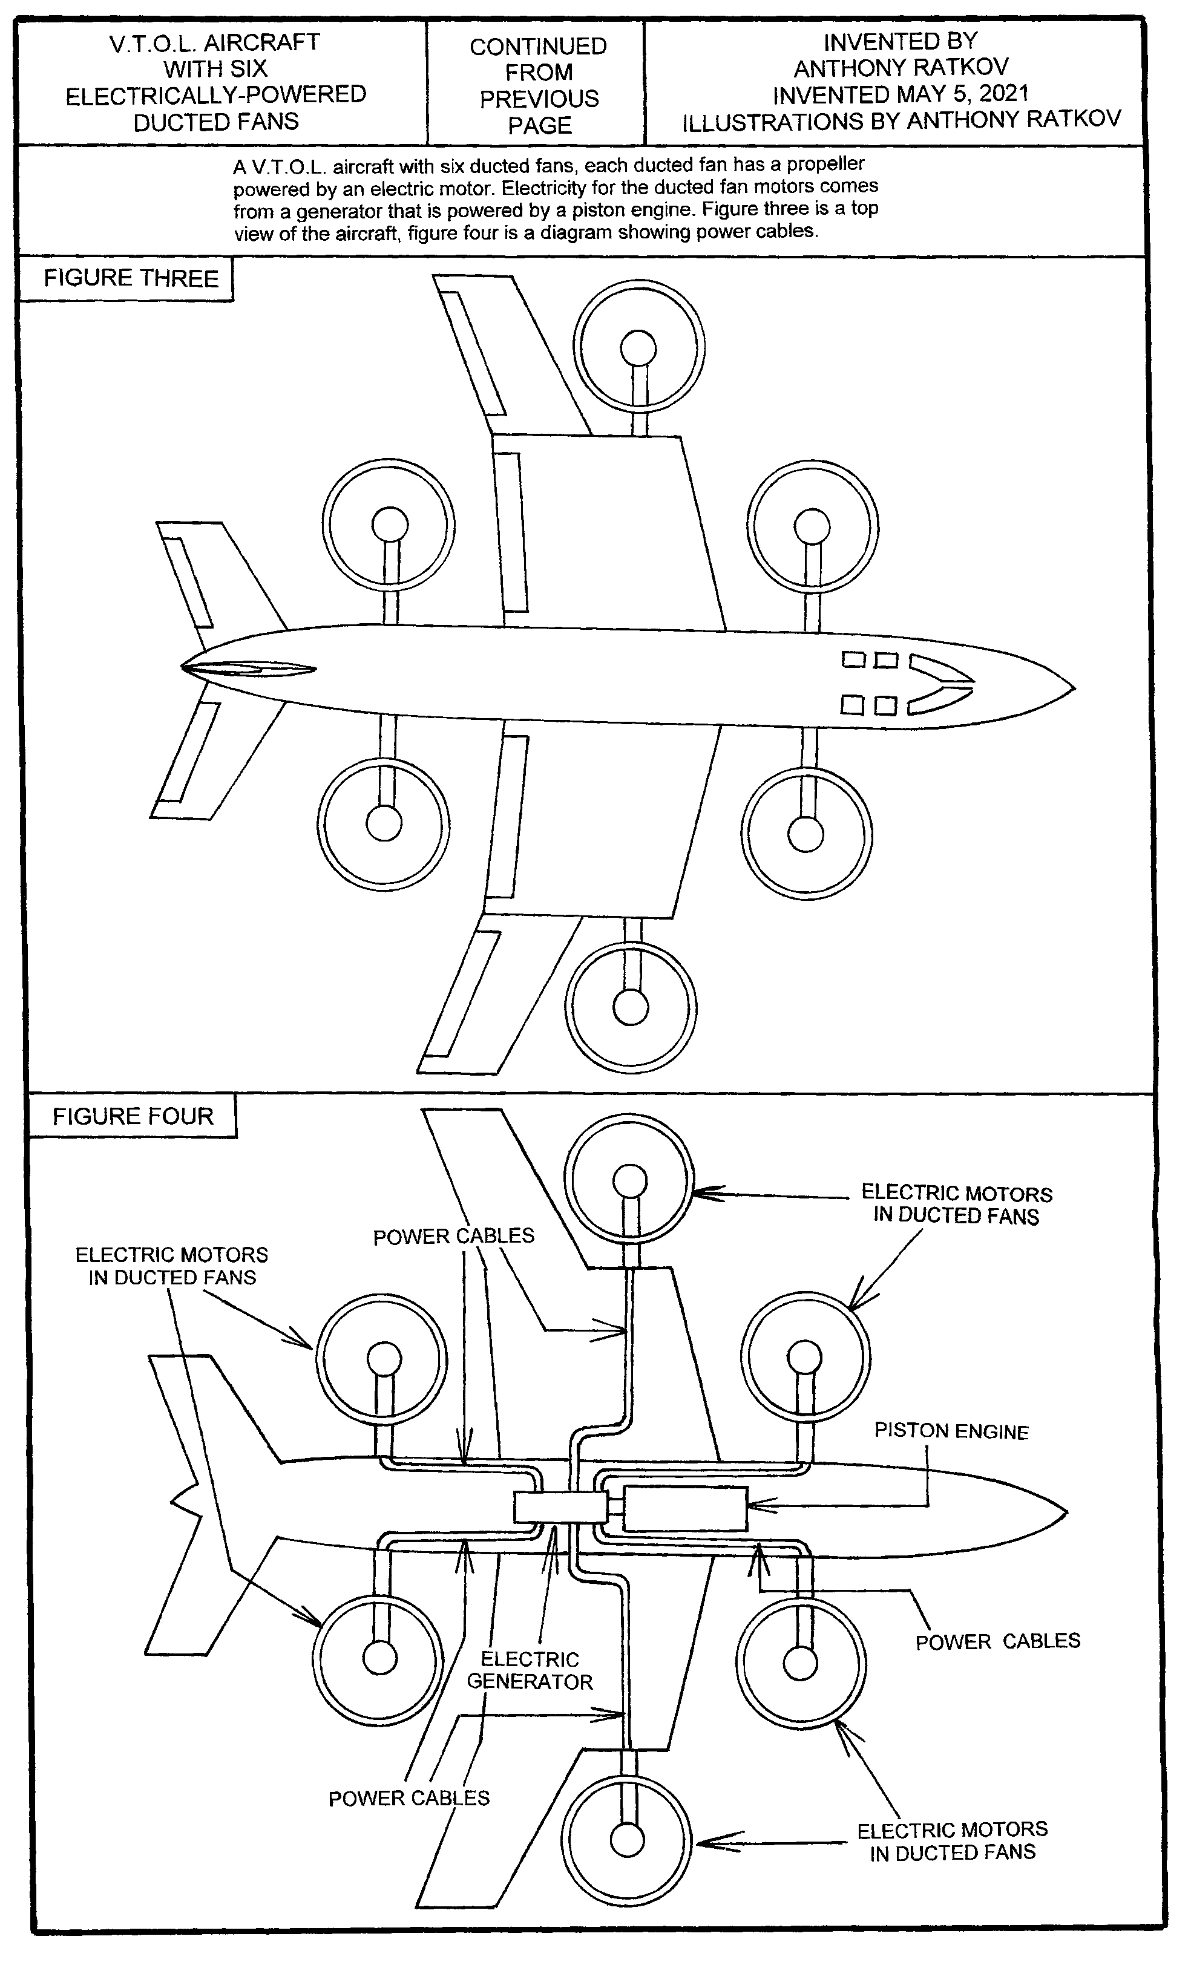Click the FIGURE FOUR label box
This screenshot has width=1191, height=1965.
[x=133, y=1116]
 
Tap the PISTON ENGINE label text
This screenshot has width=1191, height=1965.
[x=951, y=1431]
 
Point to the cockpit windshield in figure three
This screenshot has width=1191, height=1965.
[x=941, y=684]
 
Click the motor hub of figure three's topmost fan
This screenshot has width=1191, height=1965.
[x=638, y=348]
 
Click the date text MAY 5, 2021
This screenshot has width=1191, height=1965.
[x=963, y=94]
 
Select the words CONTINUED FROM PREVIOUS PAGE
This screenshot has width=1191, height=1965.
[x=539, y=85]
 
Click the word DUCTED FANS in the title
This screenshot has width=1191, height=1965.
[x=215, y=122]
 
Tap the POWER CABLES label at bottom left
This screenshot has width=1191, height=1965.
[x=408, y=1797]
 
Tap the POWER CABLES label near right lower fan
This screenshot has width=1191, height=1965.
[x=997, y=1641]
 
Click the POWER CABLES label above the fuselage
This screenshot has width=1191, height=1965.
[x=453, y=1236]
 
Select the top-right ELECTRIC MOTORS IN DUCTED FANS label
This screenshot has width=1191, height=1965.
[x=956, y=1204]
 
